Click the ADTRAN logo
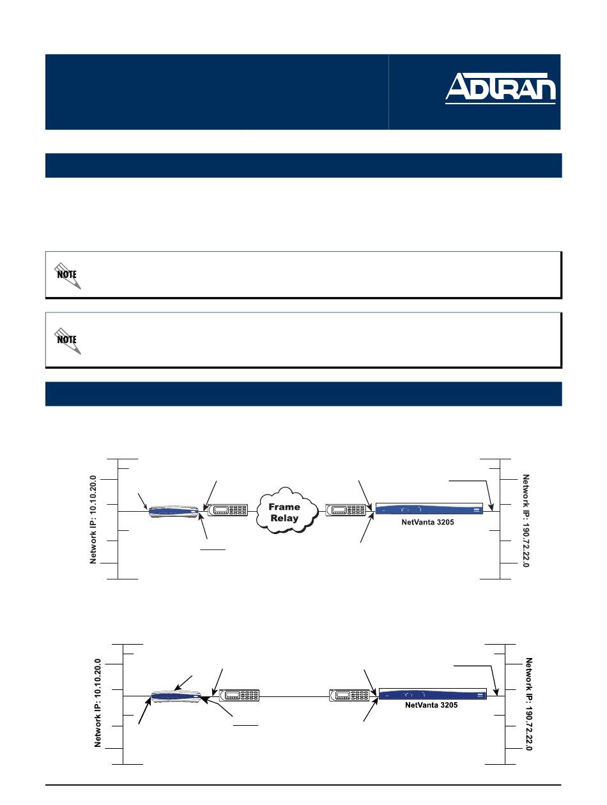tap(500, 88)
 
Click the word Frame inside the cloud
tap(284, 507)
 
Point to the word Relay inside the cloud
tap(284, 518)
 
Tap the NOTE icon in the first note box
tap(68, 276)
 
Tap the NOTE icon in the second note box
tap(68, 341)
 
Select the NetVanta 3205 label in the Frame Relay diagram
tap(427, 522)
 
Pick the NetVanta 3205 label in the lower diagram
tap(431, 705)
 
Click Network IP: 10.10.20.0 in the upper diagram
tap(93, 519)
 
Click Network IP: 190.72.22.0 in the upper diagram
tap(526, 521)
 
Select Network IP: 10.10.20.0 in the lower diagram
tap(98, 703)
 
